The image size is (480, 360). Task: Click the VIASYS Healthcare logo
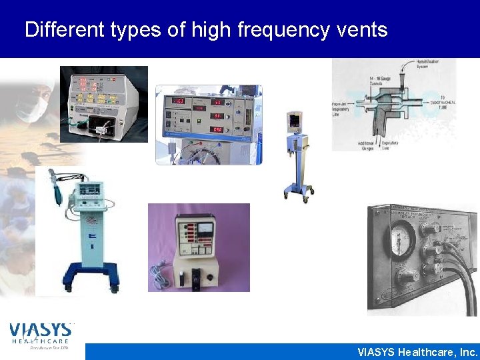(x=41, y=333)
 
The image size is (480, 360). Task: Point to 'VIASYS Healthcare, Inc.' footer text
(x=417, y=352)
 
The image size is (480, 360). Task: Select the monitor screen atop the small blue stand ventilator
(x=294, y=122)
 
